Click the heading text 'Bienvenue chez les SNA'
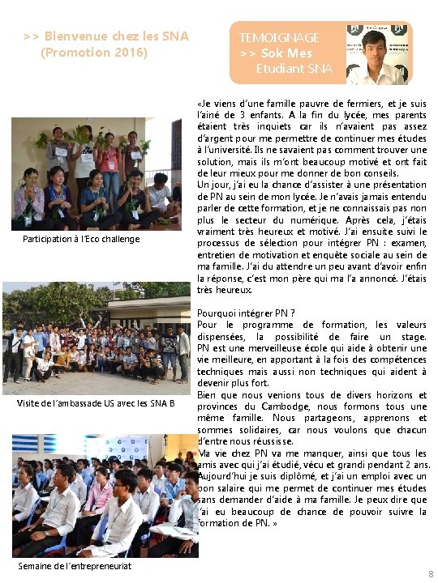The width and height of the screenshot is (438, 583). pyautogui.click(x=116, y=36)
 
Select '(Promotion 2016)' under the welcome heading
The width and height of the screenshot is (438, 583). pyautogui.click(x=94, y=53)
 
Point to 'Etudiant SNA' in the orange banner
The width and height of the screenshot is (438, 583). pyautogui.click(x=294, y=69)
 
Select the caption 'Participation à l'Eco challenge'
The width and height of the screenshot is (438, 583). pyautogui.click(x=81, y=239)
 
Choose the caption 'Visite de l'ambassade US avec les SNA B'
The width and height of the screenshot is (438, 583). pyautogui.click(x=96, y=403)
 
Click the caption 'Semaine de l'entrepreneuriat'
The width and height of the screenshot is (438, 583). pyautogui.click(x=75, y=565)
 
